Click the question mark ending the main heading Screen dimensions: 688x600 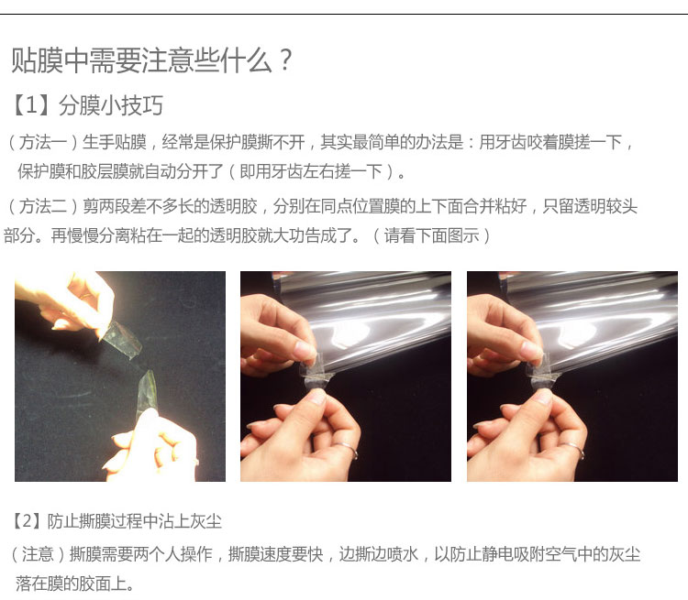click(285, 60)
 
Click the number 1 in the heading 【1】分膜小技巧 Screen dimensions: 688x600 click(30, 105)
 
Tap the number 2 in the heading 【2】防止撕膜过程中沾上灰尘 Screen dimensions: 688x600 click(28, 521)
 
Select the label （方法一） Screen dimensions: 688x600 click(42, 142)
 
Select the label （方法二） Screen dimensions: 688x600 click(42, 206)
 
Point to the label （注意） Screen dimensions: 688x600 click(38, 554)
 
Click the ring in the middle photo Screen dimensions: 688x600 click(347, 449)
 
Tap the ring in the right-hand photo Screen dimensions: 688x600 click(572, 449)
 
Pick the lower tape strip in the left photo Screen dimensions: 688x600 click(146, 393)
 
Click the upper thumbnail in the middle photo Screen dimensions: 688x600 click(304, 349)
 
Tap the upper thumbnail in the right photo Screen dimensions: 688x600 click(531, 349)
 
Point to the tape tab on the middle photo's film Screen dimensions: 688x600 click(316, 373)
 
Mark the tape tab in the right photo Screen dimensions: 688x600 click(543, 373)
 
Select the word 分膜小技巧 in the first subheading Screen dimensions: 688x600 click(111, 105)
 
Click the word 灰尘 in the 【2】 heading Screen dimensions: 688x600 click(205, 521)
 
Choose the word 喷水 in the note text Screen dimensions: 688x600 click(402, 554)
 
